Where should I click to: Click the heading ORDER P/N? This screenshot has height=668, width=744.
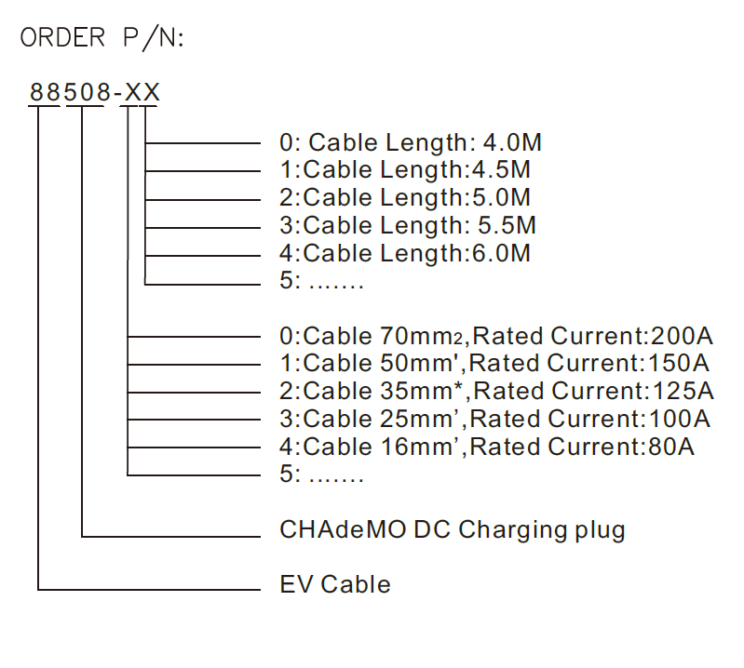tap(102, 38)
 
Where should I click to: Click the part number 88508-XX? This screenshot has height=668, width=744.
tap(95, 93)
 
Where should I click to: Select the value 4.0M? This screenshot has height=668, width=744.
tap(512, 143)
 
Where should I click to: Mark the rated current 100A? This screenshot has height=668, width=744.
tap(683, 419)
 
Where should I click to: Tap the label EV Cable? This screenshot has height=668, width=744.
tap(335, 584)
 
